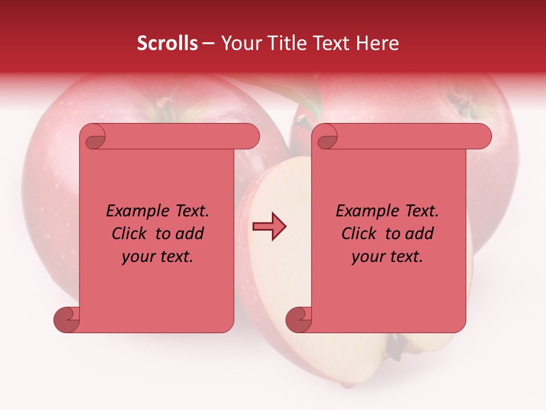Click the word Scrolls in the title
[167, 43]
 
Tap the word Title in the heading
[282, 43]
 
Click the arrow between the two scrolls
[269, 227]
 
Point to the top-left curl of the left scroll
[96, 138]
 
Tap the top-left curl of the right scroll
[328, 138]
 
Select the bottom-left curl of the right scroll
[299, 319]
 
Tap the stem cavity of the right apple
[462, 102]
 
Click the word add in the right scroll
[419, 233]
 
